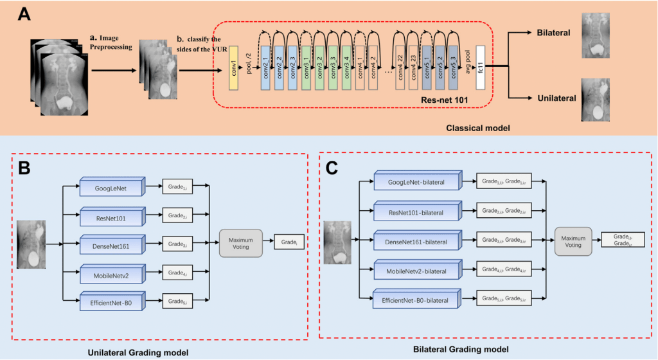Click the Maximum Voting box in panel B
pos(241,243)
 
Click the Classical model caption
pos(479,129)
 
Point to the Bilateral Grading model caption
pos(462,349)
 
